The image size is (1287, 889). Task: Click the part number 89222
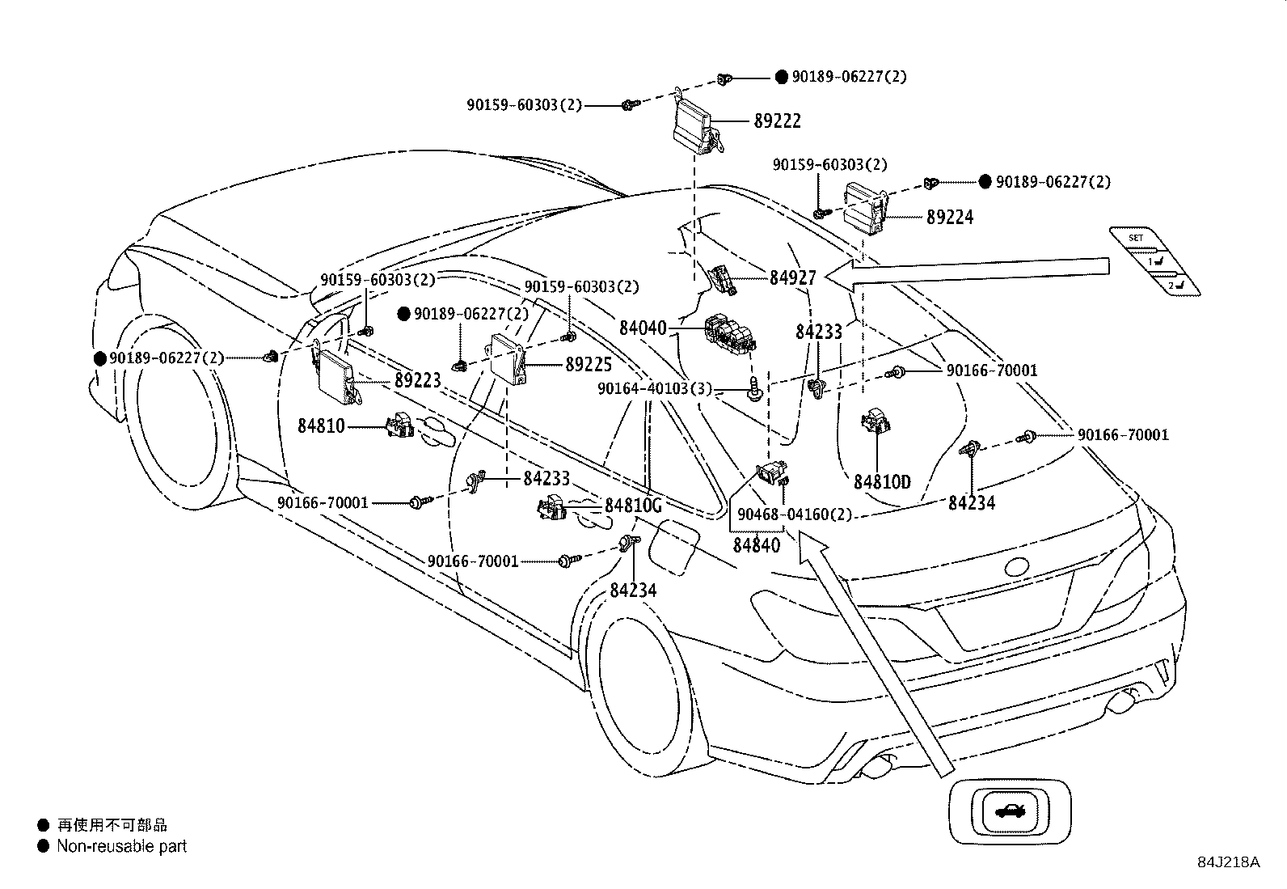777,121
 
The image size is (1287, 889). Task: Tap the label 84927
792,277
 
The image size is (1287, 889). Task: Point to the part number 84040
643,328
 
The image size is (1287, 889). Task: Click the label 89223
417,380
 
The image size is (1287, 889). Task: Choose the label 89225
588,365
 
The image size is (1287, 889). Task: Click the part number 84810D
881,483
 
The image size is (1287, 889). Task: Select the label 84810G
633,506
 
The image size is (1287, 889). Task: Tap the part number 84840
757,545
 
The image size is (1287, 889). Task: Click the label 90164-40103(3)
655,389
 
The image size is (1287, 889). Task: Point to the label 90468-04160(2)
795,514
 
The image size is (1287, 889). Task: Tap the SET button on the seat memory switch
1137,239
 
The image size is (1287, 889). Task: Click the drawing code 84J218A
1229,862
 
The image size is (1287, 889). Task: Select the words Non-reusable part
121,847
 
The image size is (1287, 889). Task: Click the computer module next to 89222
694,125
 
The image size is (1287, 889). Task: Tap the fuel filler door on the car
675,542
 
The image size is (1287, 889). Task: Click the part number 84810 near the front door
321,425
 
